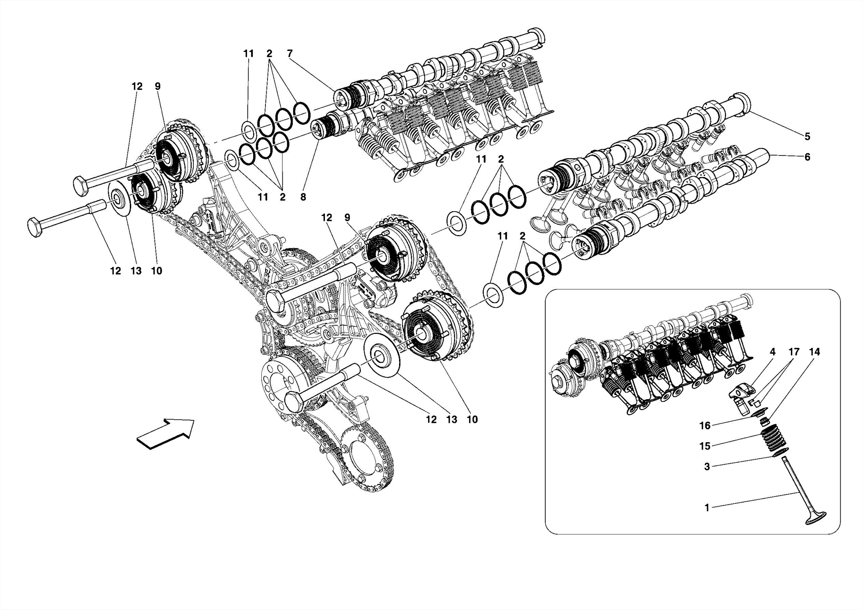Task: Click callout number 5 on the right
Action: point(807,136)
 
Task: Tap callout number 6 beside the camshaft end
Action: point(807,157)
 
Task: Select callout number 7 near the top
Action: point(289,54)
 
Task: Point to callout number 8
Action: point(303,196)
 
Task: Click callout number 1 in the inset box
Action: point(708,508)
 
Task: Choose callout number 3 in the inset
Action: point(707,466)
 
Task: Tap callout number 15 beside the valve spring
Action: point(705,446)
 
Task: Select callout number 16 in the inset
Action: point(705,426)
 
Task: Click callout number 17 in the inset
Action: point(794,352)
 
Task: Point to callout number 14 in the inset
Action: point(814,352)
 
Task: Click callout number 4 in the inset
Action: point(772,352)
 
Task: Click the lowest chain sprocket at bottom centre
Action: point(364,464)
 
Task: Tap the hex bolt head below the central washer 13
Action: point(295,401)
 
